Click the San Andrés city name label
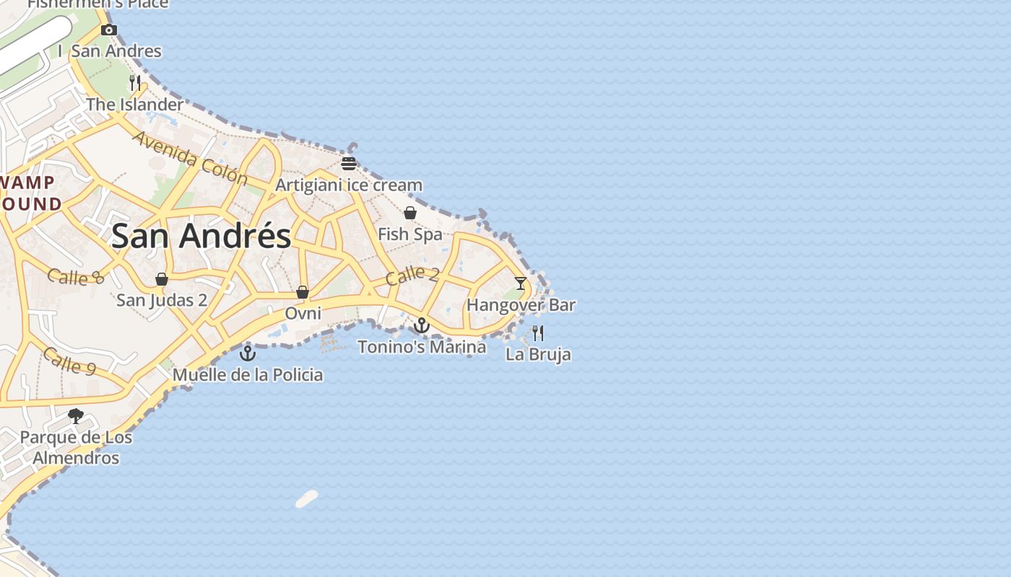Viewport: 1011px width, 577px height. (x=201, y=236)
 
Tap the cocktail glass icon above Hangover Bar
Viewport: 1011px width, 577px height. (x=520, y=283)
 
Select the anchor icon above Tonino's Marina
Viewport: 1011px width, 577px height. (x=422, y=325)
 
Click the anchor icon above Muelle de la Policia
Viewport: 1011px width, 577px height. (x=248, y=353)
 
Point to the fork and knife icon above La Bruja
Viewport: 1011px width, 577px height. (x=538, y=332)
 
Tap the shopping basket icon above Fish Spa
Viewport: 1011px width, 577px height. (x=410, y=213)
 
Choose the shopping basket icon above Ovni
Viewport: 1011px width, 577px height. (x=303, y=292)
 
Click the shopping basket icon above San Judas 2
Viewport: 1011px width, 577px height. (x=162, y=279)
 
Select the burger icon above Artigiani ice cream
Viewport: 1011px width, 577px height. (x=349, y=163)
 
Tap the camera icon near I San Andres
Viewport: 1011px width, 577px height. (x=109, y=30)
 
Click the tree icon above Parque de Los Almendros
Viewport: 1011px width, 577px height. (x=75, y=416)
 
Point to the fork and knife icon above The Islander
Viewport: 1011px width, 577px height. (x=135, y=83)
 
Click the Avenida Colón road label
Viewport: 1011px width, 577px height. (x=190, y=158)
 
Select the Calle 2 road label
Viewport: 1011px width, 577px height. (x=412, y=275)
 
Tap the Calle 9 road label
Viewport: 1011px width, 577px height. (x=69, y=361)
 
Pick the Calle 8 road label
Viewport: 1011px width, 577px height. (x=76, y=276)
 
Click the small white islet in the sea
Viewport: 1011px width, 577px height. (x=307, y=499)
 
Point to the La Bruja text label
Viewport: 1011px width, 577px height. (x=538, y=354)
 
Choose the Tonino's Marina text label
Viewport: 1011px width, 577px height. (x=422, y=347)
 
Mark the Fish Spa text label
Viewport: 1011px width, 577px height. (x=409, y=234)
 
